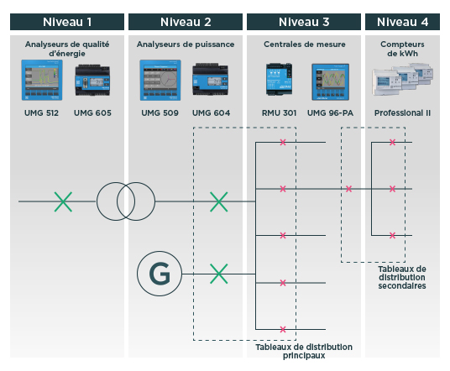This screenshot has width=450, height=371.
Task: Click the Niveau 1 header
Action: (66, 21)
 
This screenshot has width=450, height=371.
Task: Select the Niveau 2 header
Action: (186, 21)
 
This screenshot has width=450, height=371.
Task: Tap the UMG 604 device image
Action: (209, 83)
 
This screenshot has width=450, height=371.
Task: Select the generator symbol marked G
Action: (157, 274)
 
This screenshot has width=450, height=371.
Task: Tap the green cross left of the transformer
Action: (63, 201)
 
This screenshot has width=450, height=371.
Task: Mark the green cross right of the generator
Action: (218, 274)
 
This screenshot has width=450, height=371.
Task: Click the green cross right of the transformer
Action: (218, 201)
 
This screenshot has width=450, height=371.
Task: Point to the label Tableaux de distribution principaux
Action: (303, 351)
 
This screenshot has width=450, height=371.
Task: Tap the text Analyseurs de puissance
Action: (186, 43)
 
